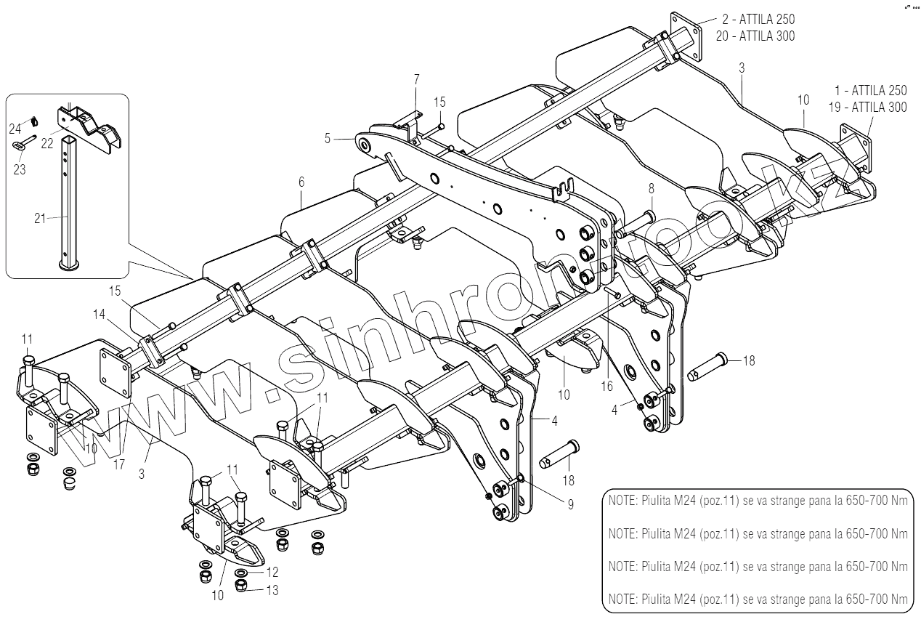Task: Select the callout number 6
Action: [301, 183]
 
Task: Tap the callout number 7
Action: [416, 78]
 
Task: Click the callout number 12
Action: [272, 573]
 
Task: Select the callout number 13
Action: [272, 590]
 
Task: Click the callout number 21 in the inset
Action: [41, 217]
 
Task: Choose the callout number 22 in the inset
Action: [47, 143]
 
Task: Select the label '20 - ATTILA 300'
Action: [755, 36]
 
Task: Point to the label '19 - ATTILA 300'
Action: [867, 108]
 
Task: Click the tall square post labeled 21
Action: [68, 203]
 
